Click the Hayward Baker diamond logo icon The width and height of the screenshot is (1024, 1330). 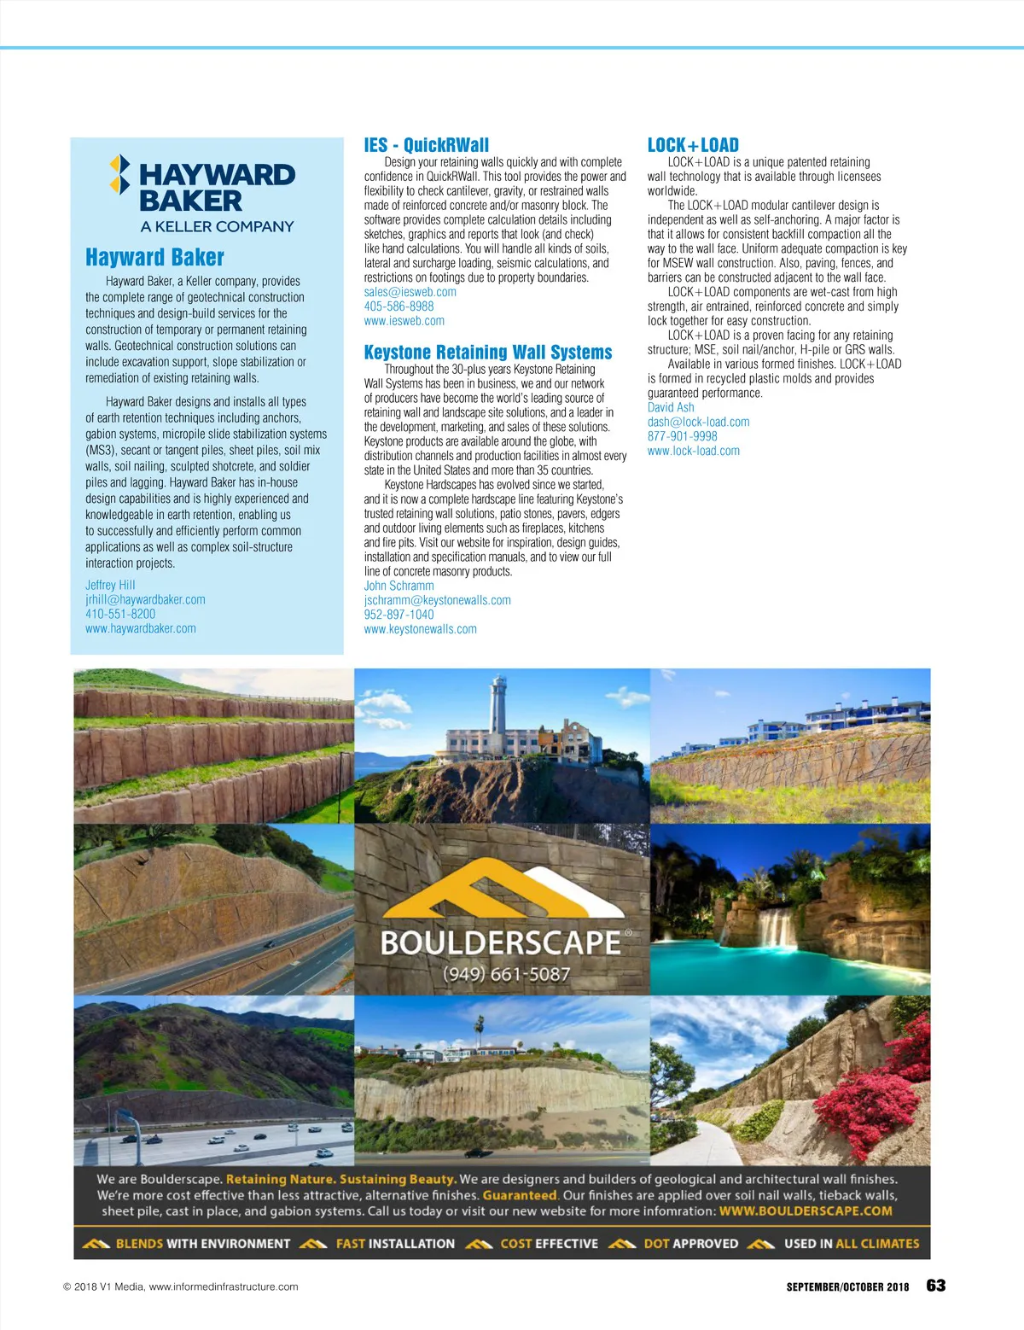[x=120, y=174]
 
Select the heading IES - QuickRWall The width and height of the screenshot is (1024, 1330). [x=426, y=145]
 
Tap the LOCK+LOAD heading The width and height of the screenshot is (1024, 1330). [x=693, y=145]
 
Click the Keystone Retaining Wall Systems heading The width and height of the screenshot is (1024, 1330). [x=488, y=352]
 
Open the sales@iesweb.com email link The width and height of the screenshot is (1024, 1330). [x=410, y=292]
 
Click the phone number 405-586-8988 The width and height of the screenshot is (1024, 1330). [x=399, y=306]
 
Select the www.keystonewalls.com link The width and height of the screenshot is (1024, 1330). [x=420, y=629]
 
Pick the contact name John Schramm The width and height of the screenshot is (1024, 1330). [x=399, y=586]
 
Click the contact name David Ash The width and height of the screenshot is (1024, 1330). [x=671, y=407]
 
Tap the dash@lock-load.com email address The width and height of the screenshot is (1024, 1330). [x=698, y=422]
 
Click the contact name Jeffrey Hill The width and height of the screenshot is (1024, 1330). [x=110, y=585]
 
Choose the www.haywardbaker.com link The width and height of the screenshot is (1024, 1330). [x=140, y=628]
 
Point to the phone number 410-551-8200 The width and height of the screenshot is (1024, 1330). [x=120, y=614]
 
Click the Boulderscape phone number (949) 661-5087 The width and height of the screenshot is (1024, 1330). [x=506, y=974]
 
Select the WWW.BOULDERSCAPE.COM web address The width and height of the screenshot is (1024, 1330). [x=806, y=1210]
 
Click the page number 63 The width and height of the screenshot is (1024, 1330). [x=936, y=1286]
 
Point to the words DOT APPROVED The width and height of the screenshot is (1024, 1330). [x=690, y=1244]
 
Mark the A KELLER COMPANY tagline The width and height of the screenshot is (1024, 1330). [x=217, y=226]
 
